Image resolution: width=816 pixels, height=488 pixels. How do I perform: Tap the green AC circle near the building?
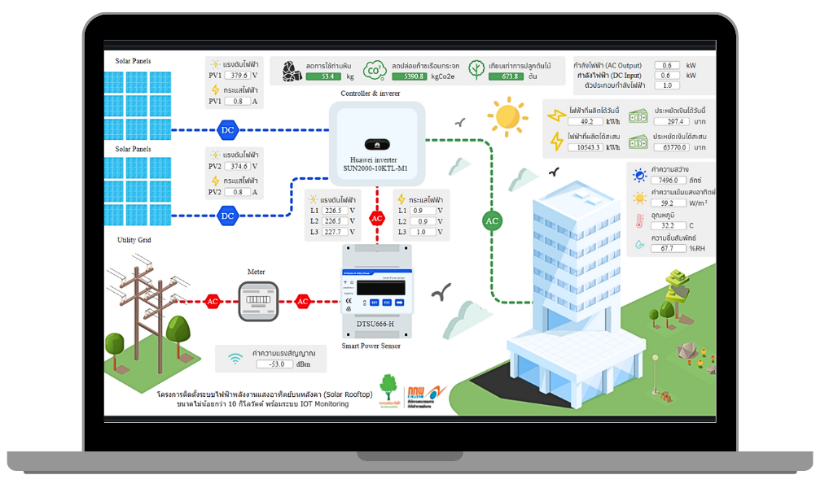click(492, 220)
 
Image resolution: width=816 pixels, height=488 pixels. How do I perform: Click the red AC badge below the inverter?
click(376, 218)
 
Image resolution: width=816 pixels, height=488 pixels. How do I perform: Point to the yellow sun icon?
click(508, 115)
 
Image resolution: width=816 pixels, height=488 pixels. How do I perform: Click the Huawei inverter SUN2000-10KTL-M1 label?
click(376, 163)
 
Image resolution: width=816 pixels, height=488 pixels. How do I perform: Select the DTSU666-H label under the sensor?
click(376, 325)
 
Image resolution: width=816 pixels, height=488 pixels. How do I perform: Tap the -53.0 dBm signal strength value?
click(274, 364)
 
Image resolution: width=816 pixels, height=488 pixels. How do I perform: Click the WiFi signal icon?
click(235, 359)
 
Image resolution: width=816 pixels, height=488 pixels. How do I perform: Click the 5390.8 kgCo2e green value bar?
click(420, 76)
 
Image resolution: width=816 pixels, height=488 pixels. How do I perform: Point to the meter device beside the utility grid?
click(257, 301)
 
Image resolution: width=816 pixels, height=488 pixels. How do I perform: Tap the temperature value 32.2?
click(666, 225)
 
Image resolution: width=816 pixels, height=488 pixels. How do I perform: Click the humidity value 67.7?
click(666, 248)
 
